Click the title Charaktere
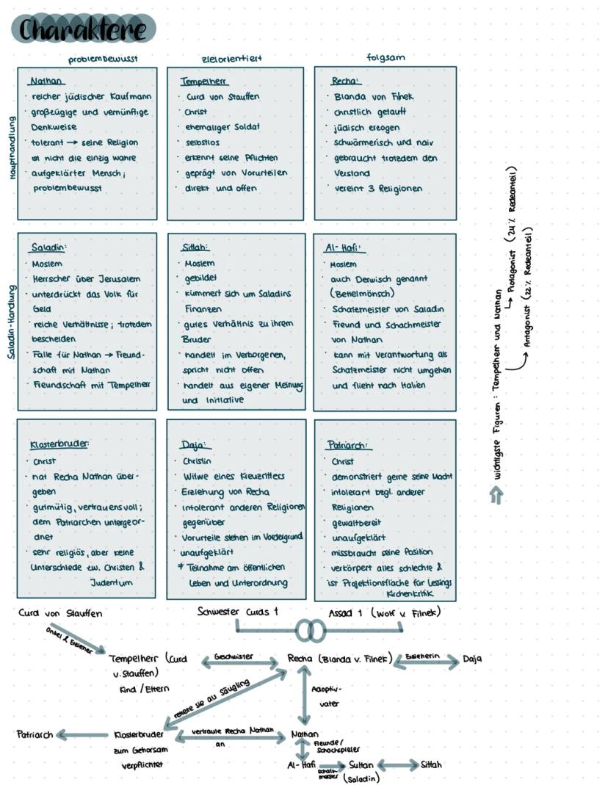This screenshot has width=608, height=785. click(x=83, y=29)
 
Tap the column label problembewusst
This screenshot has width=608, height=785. click(x=103, y=57)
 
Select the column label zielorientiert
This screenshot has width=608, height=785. click(x=231, y=57)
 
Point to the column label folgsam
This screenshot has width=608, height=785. click(x=386, y=57)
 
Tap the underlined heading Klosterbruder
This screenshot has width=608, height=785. click(x=59, y=445)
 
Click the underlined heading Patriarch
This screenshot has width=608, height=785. click(x=348, y=445)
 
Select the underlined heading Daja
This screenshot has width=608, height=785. click(x=195, y=445)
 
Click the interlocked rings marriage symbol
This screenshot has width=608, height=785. click(x=311, y=630)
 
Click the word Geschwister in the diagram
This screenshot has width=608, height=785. click(x=234, y=656)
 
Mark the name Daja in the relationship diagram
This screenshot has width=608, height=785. click(x=472, y=659)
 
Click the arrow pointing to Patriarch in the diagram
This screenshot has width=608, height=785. click(x=81, y=734)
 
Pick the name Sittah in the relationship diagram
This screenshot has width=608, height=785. click(x=431, y=764)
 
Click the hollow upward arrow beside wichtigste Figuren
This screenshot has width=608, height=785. click(x=496, y=496)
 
